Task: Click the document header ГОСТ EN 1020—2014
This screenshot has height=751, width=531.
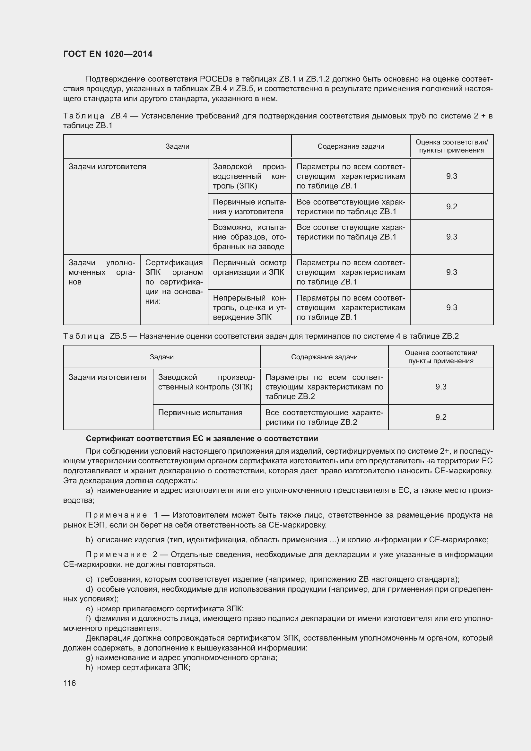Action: coord(108,54)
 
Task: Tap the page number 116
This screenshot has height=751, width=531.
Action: coord(69,683)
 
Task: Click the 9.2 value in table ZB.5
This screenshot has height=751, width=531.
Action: coord(440,417)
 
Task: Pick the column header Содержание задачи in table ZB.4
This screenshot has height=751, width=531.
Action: coord(351,146)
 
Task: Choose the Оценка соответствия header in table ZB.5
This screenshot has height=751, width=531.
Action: coord(440,357)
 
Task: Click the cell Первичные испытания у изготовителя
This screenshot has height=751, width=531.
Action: coord(249,207)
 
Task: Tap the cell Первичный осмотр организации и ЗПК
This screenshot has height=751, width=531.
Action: coord(249,267)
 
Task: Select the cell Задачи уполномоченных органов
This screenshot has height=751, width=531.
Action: coord(101,272)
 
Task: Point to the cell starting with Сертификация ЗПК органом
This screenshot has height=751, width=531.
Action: coord(174,282)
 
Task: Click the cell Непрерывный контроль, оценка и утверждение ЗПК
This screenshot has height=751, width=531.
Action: coord(249,308)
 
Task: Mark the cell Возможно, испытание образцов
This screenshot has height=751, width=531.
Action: coord(249,237)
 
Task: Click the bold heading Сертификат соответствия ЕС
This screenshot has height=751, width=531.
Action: coord(202,438)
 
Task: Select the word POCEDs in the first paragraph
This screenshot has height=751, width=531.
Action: coord(216,79)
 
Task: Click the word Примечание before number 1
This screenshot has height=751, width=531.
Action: coord(116,515)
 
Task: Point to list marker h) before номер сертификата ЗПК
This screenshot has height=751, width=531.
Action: coord(89,667)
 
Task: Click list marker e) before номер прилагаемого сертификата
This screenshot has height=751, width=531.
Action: coord(89,608)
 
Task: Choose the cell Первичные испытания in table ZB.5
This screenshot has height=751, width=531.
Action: coord(200,413)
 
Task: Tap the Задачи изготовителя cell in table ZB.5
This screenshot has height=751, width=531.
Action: coord(107,377)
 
